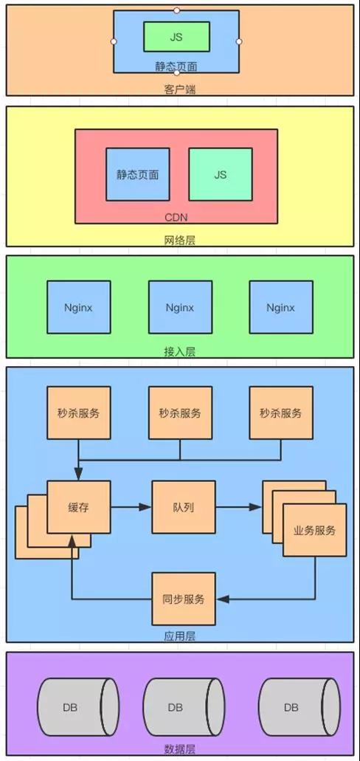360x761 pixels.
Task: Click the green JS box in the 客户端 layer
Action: tap(176, 36)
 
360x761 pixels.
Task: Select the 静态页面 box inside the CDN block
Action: tap(138, 174)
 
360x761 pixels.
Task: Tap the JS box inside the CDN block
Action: tap(221, 174)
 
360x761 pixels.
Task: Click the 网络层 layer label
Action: tap(179, 240)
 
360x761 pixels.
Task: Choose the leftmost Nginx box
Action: tap(79, 307)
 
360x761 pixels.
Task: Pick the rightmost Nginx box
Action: tap(281, 307)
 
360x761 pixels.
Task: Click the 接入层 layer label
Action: tap(179, 351)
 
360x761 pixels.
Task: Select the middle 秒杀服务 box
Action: tap(180, 413)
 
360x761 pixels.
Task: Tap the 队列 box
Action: tap(184, 507)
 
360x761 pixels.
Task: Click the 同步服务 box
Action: tap(184, 599)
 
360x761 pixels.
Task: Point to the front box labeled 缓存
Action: tap(79, 507)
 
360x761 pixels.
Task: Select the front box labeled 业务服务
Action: tap(314, 530)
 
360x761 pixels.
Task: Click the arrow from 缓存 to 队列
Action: tap(131, 507)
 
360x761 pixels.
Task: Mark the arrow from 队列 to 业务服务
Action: tap(239, 507)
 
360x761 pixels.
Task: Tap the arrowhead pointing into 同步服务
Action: tap(222, 599)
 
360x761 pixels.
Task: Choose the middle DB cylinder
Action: tap(184, 708)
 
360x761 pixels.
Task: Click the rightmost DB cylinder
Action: tap(300, 708)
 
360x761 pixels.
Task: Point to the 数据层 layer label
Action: tap(179, 749)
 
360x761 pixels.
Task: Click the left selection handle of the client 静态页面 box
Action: tap(114, 42)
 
